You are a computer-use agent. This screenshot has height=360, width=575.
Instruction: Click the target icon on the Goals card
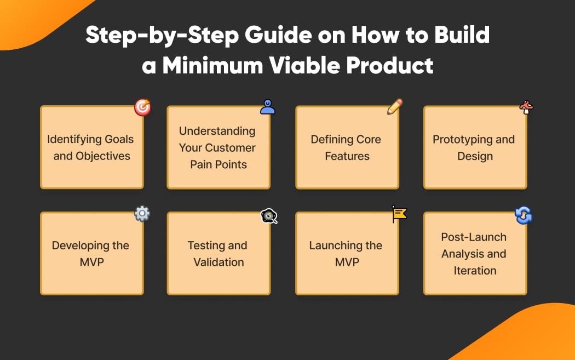(142, 107)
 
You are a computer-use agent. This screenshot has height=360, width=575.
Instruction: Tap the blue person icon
(267, 107)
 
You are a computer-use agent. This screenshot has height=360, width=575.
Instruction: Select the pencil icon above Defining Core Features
(395, 106)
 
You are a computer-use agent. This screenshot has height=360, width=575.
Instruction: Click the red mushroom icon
(526, 107)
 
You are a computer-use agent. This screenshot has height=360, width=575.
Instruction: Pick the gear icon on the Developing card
(142, 214)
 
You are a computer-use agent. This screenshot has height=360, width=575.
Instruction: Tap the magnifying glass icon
(269, 216)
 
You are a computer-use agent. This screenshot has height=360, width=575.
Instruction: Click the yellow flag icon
(399, 214)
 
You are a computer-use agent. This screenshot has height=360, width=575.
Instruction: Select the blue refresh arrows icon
(524, 215)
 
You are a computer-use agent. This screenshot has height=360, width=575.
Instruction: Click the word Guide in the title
(278, 35)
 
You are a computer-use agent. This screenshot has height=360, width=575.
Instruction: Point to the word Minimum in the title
(212, 66)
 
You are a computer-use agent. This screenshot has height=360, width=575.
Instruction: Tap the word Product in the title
(390, 66)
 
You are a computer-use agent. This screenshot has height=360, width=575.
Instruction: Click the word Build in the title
(462, 35)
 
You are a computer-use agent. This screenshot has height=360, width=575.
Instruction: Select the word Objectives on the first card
(103, 156)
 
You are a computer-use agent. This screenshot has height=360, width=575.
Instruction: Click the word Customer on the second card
(231, 147)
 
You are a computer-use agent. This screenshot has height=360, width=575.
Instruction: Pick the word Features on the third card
(347, 156)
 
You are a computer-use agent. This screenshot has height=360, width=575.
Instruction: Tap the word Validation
(219, 262)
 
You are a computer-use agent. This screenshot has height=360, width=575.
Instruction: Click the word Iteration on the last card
(475, 271)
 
